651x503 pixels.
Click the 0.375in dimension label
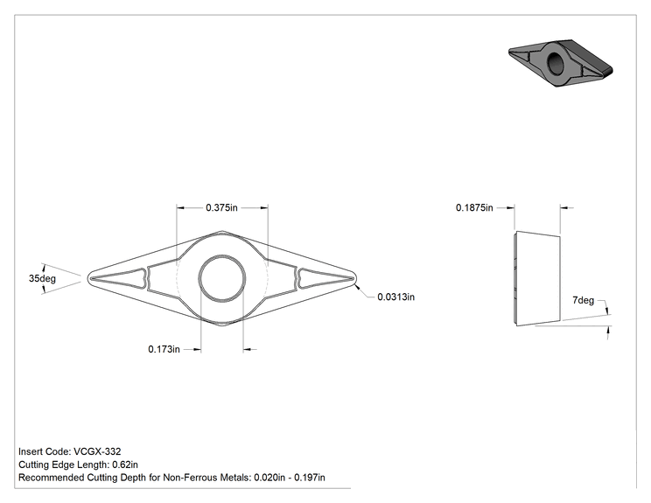pyautogui.click(x=221, y=207)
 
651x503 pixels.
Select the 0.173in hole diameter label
pyautogui.click(x=164, y=349)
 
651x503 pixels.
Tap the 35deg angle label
pyautogui.click(x=42, y=278)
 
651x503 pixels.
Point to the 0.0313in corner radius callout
pyautogui.click(x=396, y=297)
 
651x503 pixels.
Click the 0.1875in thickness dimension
pyautogui.click(x=474, y=207)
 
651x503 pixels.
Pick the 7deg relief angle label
pyautogui.click(x=583, y=300)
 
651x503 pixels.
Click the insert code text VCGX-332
pyautogui.click(x=97, y=451)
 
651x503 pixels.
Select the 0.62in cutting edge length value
pyautogui.click(x=125, y=465)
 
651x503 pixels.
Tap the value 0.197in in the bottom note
pyautogui.click(x=310, y=478)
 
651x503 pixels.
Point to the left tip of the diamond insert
pyautogui.click(x=87, y=278)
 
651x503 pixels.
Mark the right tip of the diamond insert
pyautogui.click(x=357, y=278)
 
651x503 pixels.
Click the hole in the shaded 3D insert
pyautogui.click(x=555, y=63)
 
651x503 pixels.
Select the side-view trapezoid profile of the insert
pyautogui.click(x=537, y=278)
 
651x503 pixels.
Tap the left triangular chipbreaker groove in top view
pyautogui.click(x=120, y=278)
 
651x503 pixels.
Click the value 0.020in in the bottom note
pyautogui.click(x=269, y=478)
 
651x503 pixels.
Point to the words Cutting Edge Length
pyautogui.click(x=63, y=465)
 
